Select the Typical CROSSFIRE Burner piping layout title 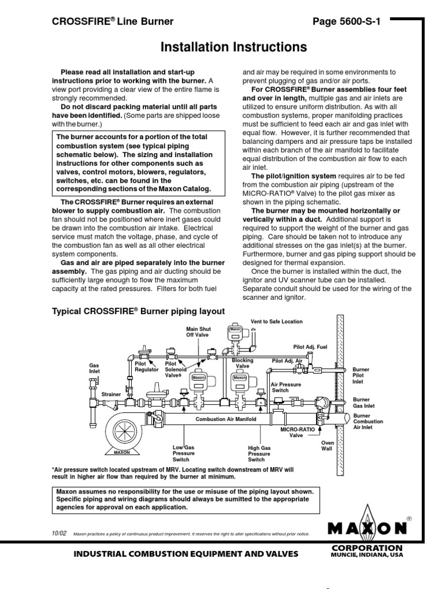tap(138, 311)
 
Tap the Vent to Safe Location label tap(276, 322)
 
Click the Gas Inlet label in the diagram tap(94, 368)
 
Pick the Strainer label tap(111, 394)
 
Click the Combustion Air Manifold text tap(226, 419)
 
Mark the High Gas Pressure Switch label tap(259, 453)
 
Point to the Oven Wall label tap(327, 446)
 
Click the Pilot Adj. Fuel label tap(311, 347)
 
